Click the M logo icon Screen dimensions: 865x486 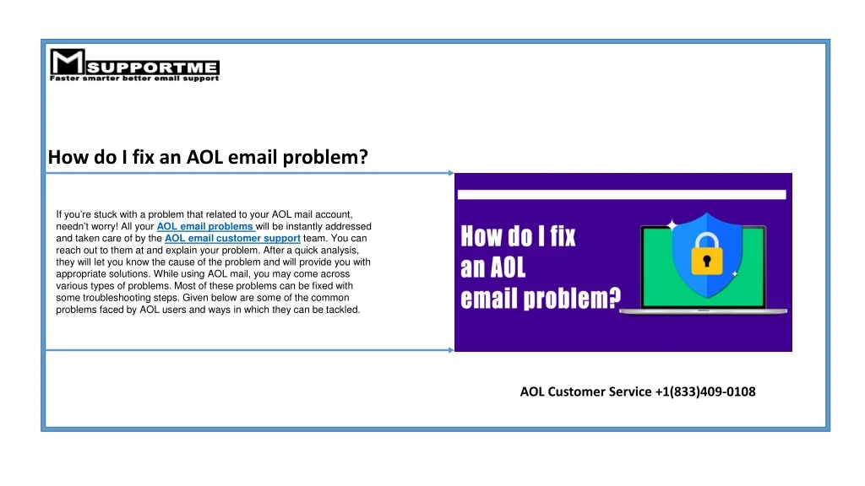point(68,62)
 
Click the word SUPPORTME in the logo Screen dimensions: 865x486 point(152,67)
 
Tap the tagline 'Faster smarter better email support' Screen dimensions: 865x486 point(134,78)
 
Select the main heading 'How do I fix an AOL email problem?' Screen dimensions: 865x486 point(208,157)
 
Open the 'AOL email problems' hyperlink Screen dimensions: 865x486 point(204,226)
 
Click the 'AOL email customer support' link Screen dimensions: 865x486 point(232,239)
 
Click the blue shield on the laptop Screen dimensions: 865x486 point(707,255)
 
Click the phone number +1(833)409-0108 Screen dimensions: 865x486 point(705,391)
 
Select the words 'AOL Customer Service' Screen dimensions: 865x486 point(586,391)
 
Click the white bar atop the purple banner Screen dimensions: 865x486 point(622,195)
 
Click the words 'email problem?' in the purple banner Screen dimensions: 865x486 point(541,298)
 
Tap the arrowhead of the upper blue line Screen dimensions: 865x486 point(451,173)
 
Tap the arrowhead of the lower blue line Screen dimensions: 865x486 point(451,350)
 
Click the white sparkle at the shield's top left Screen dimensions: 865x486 point(672,224)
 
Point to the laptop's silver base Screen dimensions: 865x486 point(704,312)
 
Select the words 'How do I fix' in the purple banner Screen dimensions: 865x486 point(518,236)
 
